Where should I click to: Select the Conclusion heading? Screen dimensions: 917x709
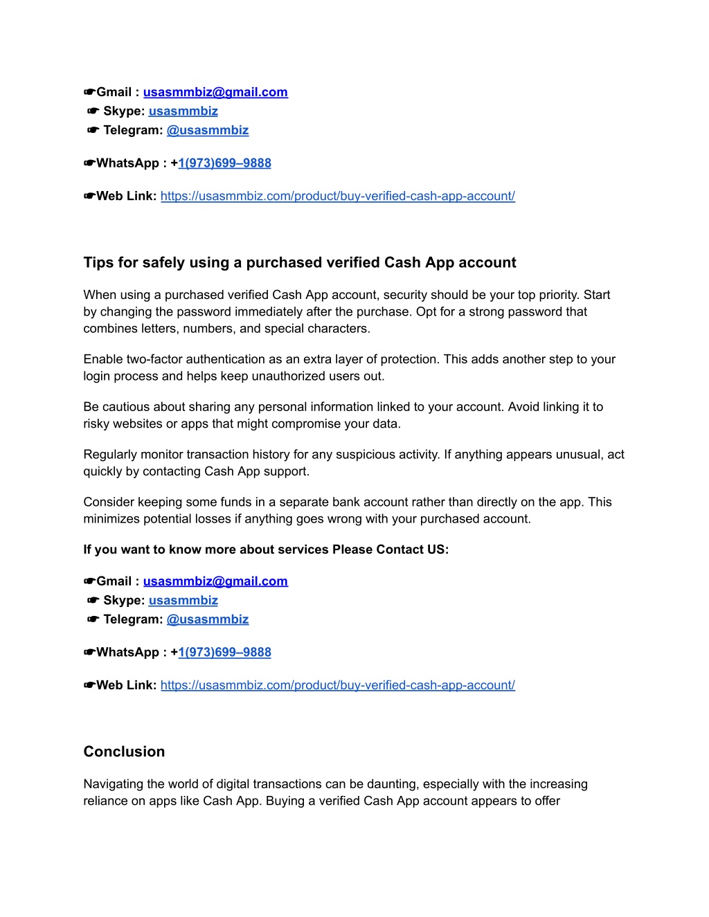pyautogui.click(x=124, y=752)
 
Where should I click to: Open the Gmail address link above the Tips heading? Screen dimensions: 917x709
pyautogui.click(x=215, y=92)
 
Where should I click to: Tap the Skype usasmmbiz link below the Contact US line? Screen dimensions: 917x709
pyautogui.click(x=183, y=600)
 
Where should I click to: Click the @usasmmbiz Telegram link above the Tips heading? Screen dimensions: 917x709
pyautogui.click(x=207, y=130)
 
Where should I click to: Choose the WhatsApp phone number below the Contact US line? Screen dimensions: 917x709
pyautogui.click(x=224, y=652)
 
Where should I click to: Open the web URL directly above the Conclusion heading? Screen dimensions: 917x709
pyautogui.click(x=337, y=685)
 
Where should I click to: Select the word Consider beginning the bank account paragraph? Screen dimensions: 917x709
pyautogui.click(x=109, y=502)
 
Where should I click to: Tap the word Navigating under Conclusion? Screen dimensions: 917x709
pyautogui.click(x=114, y=784)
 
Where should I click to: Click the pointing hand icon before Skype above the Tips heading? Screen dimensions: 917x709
pyautogui.click(x=93, y=111)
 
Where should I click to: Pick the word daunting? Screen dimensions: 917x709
pyautogui.click(x=392, y=784)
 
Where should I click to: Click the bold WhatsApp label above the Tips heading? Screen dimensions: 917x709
pyautogui.click(x=127, y=163)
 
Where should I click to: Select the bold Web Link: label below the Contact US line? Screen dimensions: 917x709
pyautogui.click(x=126, y=685)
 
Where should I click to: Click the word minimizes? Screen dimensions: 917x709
pyautogui.click(x=110, y=519)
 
